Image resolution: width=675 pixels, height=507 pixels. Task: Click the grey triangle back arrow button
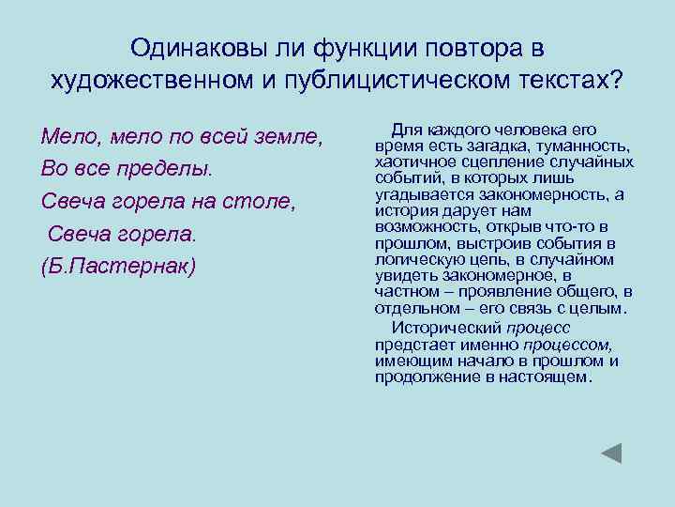click(611, 453)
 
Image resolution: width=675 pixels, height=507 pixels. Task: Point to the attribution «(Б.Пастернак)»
click(119, 266)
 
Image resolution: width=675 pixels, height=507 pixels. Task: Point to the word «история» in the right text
click(402, 210)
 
